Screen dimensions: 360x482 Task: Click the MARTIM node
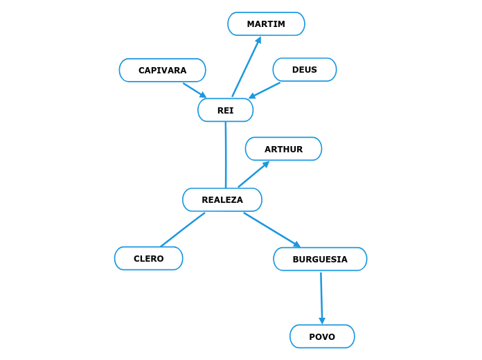tap(266, 24)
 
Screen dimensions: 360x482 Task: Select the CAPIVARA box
tap(162, 71)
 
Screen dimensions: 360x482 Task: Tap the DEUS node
tap(304, 70)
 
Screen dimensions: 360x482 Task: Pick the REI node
tap(225, 110)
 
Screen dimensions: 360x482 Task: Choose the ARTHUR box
tap(283, 149)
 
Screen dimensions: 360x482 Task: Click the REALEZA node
tap(222, 200)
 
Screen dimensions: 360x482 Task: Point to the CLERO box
tap(148, 259)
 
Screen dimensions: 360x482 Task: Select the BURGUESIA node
tap(320, 260)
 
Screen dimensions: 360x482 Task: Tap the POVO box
tap(322, 337)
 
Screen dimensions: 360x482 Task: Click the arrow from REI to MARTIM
tap(246, 67)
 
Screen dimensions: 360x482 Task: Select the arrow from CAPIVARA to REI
tap(194, 90)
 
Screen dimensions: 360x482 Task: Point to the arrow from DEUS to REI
tap(265, 91)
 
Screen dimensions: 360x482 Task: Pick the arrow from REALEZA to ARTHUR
tap(253, 175)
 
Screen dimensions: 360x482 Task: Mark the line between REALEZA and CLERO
tap(182, 230)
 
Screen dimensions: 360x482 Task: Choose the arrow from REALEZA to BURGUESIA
tap(271, 229)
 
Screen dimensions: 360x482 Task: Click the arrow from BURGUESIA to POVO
tap(321, 296)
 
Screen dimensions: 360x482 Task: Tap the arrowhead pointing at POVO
tap(322, 321)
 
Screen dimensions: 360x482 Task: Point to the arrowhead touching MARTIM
tap(258, 40)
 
